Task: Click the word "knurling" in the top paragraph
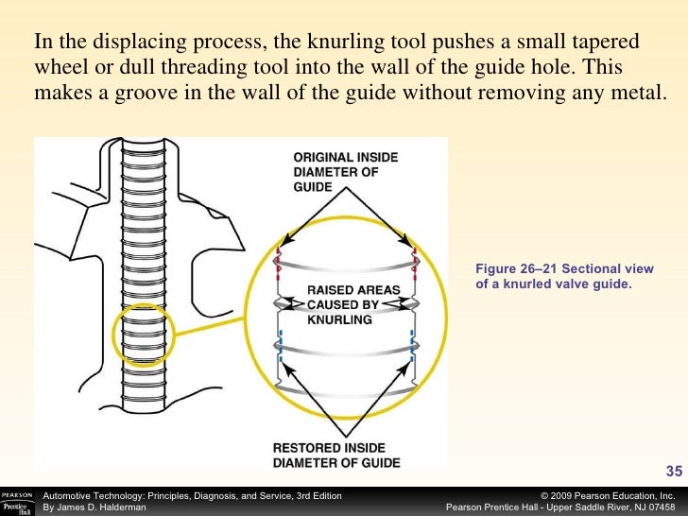[325, 43]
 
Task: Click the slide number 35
[674, 471]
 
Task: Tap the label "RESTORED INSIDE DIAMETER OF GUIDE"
[335, 455]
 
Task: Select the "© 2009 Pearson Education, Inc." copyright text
[606, 495]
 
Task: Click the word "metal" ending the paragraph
[634, 95]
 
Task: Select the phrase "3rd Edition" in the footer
[316, 495]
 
